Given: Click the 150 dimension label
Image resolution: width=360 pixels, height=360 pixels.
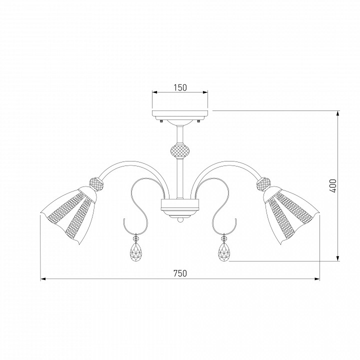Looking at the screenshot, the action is [180, 87].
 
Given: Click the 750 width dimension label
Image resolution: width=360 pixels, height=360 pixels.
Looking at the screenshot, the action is [180, 273].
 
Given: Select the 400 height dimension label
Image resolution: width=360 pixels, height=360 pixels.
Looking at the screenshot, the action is [333, 186].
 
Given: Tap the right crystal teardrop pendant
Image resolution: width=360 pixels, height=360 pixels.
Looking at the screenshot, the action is [224, 251].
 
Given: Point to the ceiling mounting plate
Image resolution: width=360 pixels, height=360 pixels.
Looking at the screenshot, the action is [180, 113].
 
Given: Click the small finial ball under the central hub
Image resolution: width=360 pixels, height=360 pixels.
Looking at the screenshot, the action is [180, 220].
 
